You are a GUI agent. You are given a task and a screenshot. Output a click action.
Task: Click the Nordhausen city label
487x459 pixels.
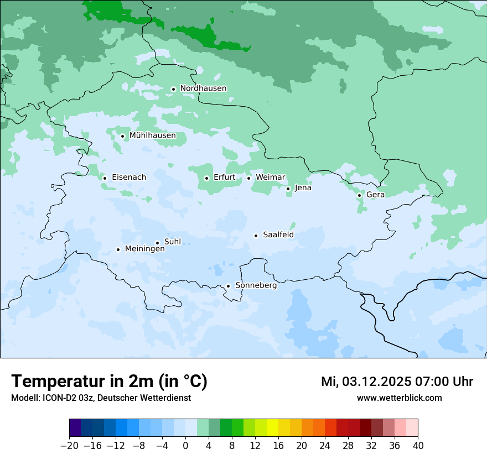203,88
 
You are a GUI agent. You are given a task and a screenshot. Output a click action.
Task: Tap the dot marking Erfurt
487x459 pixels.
206,178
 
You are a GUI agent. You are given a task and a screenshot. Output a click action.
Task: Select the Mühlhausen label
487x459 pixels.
152,135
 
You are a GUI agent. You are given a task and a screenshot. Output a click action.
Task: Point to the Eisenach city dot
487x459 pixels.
105,178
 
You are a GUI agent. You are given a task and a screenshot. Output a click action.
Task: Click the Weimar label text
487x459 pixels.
270,178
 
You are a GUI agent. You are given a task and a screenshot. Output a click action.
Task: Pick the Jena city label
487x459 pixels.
303,188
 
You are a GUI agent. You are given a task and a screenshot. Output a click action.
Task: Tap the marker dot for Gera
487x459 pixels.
359,195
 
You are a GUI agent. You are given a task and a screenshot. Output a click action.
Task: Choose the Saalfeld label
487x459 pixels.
278,235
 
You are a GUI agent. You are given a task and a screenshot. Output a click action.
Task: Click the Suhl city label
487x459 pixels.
172,242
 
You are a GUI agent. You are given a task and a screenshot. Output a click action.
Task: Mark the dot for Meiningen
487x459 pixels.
118,249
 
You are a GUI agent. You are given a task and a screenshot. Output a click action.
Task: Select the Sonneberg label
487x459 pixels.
256,285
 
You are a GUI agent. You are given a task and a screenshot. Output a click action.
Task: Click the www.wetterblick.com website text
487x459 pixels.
399,398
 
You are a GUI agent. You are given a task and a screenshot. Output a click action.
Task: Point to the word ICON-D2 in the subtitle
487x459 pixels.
57,398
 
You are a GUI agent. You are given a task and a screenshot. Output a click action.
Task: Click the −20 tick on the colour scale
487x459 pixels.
70,446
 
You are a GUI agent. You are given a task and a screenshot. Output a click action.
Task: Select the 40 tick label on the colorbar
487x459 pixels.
418,446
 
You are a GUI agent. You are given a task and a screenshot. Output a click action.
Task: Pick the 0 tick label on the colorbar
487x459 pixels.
185,446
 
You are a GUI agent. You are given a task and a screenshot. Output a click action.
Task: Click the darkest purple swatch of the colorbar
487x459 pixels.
75,428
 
